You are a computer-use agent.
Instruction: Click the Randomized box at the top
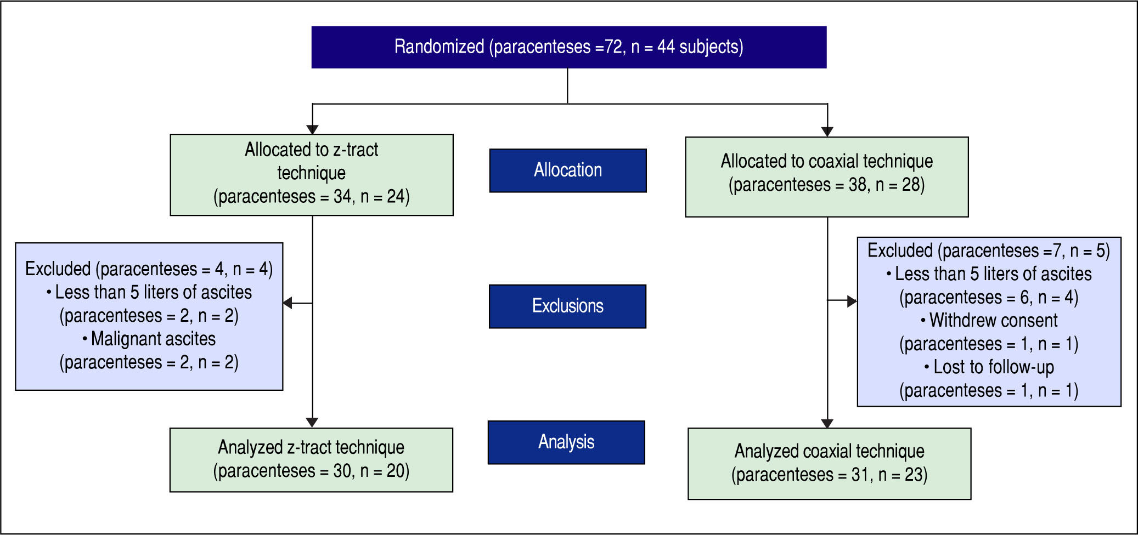click(x=568, y=47)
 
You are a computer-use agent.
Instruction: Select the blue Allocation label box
click(x=568, y=170)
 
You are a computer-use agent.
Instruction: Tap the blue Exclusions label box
click(x=567, y=306)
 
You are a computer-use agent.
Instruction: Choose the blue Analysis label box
click(x=566, y=442)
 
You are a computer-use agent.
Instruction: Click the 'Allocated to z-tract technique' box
click(x=312, y=175)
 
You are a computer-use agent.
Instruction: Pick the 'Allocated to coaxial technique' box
click(x=826, y=177)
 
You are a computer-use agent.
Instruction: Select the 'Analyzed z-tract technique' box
click(x=311, y=460)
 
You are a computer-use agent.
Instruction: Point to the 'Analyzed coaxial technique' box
click(x=829, y=464)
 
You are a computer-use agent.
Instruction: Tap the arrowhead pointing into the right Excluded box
click(x=852, y=301)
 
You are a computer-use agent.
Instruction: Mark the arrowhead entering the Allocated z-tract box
click(x=312, y=129)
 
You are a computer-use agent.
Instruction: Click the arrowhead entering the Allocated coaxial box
click(x=827, y=132)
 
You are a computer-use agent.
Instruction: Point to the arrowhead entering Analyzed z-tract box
click(x=312, y=423)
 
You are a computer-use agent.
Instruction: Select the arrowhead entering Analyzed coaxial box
click(x=827, y=423)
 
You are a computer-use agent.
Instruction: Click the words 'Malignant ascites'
click(x=153, y=339)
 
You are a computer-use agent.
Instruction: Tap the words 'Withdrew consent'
click(x=993, y=320)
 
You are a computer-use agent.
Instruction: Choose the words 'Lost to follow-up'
click(x=993, y=367)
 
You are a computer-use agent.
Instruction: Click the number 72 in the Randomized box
click(x=614, y=47)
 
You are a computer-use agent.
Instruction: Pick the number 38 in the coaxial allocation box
click(x=858, y=185)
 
